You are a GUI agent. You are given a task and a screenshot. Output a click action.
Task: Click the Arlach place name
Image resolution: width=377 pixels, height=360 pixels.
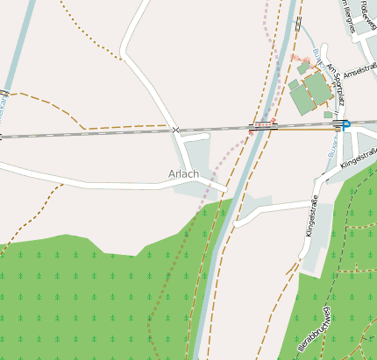point(183,173)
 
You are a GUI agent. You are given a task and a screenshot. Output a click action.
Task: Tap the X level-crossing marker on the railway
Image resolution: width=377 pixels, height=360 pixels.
point(176,131)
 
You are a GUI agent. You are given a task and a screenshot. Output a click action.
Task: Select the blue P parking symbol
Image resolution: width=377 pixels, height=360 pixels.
point(345,126)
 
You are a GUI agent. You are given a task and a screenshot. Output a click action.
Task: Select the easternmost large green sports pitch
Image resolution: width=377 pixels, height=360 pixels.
point(318,87)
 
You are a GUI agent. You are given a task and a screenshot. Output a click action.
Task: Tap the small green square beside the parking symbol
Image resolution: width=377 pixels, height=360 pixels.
point(328,114)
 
